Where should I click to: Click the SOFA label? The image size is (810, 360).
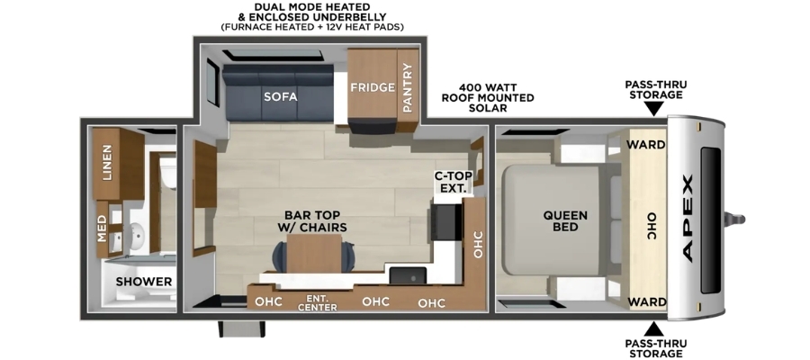(281, 96)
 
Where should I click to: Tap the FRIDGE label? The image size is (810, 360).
(373, 87)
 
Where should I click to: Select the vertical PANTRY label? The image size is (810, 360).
(408, 87)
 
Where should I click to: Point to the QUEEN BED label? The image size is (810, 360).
(565, 221)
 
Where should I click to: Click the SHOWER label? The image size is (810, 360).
(144, 282)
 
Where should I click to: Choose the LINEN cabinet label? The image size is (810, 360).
(107, 162)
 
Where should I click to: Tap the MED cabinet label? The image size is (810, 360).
(102, 229)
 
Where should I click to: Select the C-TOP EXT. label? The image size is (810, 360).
(453, 182)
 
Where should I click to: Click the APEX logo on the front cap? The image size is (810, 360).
(688, 219)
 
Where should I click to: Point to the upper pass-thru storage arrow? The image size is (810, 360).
(654, 109)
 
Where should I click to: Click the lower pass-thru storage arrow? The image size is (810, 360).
(654, 329)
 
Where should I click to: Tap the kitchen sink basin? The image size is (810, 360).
(408, 275)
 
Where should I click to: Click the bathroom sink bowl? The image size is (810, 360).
(138, 236)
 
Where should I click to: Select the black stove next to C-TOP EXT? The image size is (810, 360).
(445, 222)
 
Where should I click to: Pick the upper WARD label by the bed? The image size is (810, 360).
(645, 145)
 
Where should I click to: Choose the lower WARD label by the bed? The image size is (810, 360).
(645, 301)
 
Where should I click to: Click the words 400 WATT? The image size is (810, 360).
(488, 87)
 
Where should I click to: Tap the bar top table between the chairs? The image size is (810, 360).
(314, 253)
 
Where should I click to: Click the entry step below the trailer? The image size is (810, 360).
(241, 329)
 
